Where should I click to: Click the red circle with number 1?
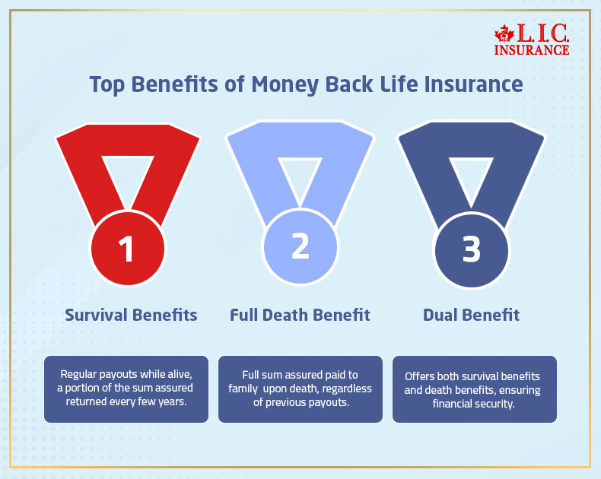click(128, 248)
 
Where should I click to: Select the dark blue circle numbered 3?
click(471, 248)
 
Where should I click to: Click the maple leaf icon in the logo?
click(504, 34)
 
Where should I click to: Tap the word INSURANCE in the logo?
click(531, 49)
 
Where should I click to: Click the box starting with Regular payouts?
click(126, 389)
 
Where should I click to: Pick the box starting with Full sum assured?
click(300, 389)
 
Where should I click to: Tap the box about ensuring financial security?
click(474, 389)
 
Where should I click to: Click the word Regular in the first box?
click(81, 375)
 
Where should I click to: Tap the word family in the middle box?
click(254, 389)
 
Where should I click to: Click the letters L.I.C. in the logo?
click(542, 32)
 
